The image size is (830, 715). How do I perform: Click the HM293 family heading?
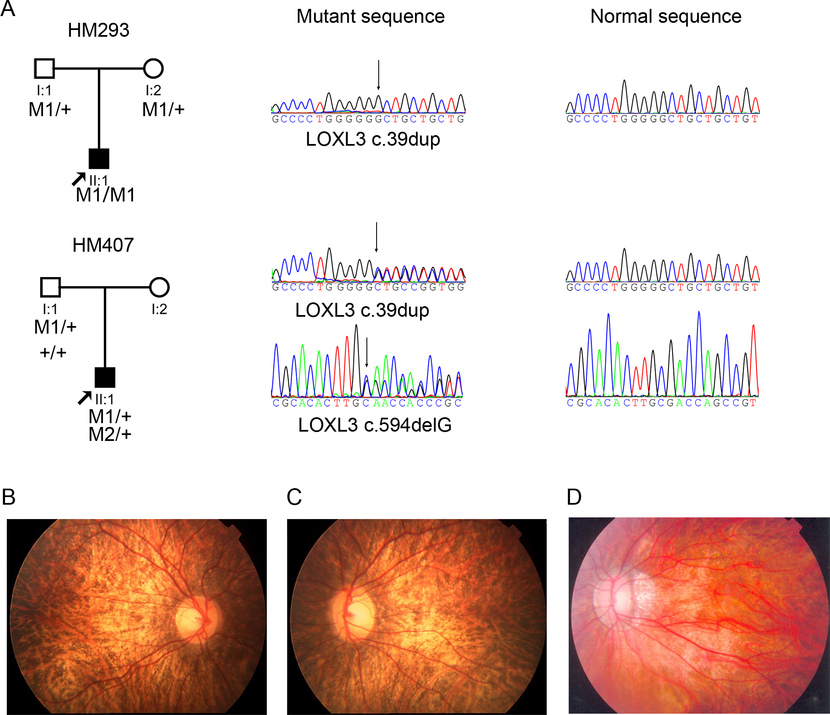click(98, 30)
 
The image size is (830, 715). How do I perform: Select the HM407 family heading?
click(103, 245)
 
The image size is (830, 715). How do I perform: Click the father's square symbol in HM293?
click(44, 68)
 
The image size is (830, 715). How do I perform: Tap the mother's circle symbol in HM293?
click(153, 68)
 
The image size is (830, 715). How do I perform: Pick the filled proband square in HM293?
click(99, 159)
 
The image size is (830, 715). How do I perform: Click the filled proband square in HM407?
click(105, 378)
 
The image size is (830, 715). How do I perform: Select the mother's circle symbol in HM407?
click(159, 287)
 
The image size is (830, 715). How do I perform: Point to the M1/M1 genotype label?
click(106, 195)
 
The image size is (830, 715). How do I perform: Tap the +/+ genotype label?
click(53, 352)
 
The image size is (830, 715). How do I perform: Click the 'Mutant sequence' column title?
click(370, 17)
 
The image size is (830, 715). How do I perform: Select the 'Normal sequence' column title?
click(665, 17)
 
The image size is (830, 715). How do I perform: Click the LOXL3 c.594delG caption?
click(374, 425)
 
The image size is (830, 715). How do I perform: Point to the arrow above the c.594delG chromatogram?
click(367, 352)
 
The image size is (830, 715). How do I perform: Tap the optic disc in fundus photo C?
click(353, 612)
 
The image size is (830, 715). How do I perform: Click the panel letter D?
click(574, 497)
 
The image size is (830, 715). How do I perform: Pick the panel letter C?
click(294, 497)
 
